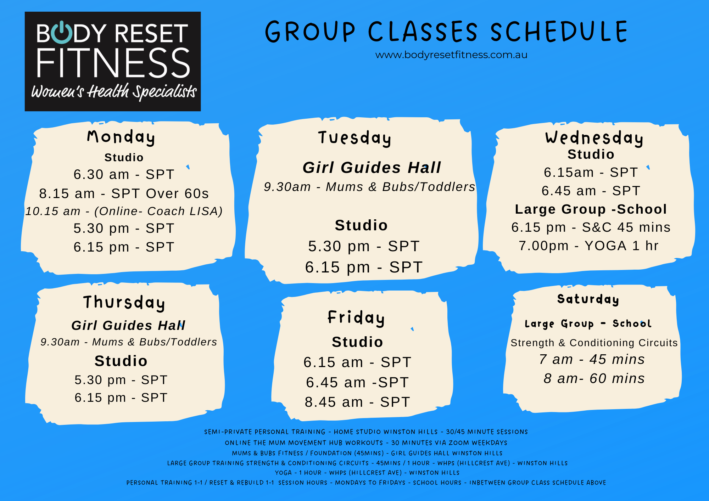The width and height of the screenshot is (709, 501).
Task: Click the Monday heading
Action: (121, 137)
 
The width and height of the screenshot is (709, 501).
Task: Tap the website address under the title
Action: (451, 55)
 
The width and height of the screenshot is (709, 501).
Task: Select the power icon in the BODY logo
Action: (61, 33)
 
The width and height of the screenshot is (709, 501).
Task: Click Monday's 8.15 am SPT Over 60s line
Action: (124, 193)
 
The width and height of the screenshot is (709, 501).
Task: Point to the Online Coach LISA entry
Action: (124, 211)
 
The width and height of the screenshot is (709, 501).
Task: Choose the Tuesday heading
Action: (354, 138)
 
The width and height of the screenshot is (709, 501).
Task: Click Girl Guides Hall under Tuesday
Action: (372, 167)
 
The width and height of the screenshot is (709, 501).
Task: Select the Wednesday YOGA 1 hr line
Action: (588, 246)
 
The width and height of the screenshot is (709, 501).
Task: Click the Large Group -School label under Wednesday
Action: (591, 209)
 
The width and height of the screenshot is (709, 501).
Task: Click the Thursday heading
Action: (124, 303)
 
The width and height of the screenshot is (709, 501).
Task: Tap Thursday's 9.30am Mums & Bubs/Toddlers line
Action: (129, 342)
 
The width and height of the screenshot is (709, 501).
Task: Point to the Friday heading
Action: (356, 318)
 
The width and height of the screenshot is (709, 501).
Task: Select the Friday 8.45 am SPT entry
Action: (357, 402)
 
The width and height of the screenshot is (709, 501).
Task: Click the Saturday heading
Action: (588, 299)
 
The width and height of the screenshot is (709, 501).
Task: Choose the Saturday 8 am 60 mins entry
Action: (594, 378)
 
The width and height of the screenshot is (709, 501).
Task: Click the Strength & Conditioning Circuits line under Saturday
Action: (594, 343)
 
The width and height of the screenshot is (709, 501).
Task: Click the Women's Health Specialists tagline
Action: (114, 92)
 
